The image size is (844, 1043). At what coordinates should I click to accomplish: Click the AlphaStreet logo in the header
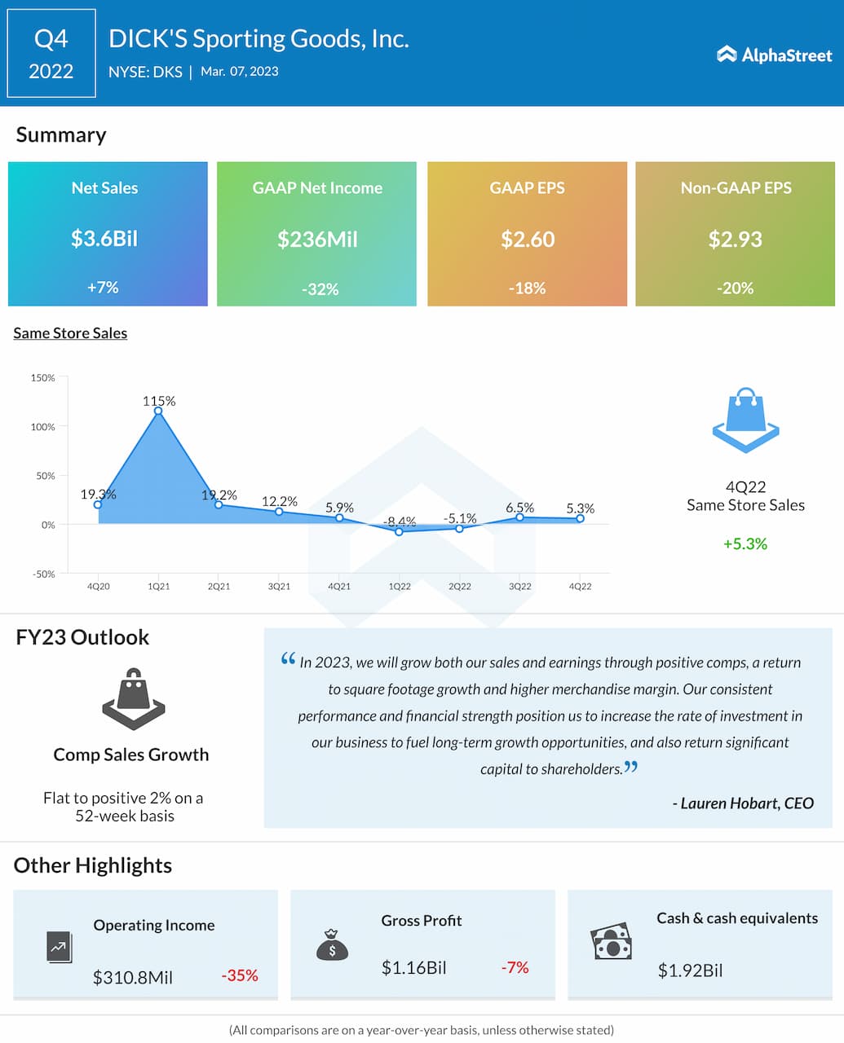(x=774, y=55)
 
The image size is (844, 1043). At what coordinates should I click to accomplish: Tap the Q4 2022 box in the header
(x=51, y=54)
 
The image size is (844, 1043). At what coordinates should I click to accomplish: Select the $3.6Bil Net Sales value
(x=104, y=239)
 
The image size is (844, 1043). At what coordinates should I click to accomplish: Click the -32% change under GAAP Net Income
(x=320, y=289)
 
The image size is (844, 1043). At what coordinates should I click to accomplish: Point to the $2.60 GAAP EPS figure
(x=528, y=240)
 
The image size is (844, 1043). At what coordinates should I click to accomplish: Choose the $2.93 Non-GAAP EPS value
(x=736, y=240)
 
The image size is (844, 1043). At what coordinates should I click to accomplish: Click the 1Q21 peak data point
(x=158, y=411)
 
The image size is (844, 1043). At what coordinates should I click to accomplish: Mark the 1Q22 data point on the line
(x=399, y=531)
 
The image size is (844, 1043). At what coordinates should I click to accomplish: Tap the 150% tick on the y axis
(x=43, y=378)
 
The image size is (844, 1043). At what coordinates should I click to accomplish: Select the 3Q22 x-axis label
(x=519, y=587)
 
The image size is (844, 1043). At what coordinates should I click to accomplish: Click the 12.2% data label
(x=279, y=501)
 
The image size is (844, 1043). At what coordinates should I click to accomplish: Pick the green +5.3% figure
(x=745, y=544)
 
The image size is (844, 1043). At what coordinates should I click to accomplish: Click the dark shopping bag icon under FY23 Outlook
(x=133, y=699)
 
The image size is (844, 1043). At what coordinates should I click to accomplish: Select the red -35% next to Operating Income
(x=240, y=975)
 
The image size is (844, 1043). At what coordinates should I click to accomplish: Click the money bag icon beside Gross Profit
(x=332, y=945)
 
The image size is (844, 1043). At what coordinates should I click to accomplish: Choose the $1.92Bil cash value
(x=690, y=970)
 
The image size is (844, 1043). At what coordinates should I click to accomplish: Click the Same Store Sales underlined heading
(x=70, y=333)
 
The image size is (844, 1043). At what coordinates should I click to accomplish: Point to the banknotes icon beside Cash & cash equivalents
(x=612, y=942)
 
